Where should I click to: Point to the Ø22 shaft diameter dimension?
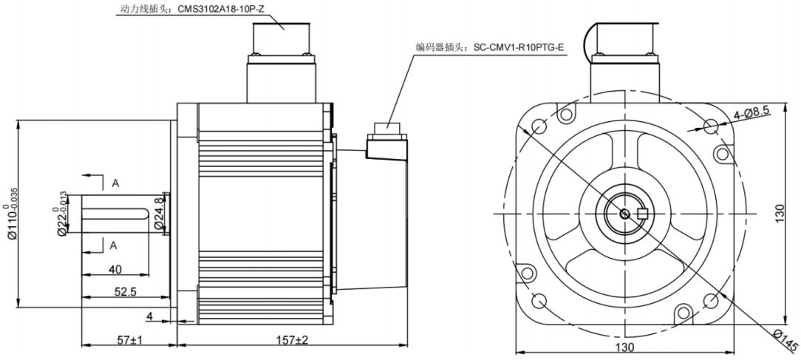point(62,215)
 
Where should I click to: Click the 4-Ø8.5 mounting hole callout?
point(752,112)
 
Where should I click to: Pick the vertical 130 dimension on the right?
point(789,214)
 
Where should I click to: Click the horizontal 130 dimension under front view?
point(624,347)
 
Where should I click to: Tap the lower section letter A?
point(115,245)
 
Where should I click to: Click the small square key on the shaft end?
point(641,214)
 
